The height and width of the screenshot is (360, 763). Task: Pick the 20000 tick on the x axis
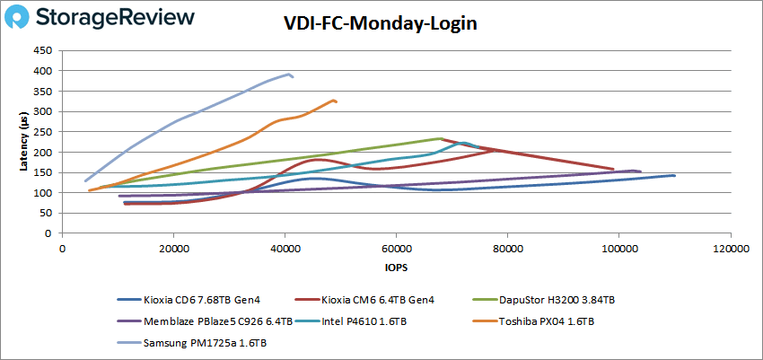(173, 247)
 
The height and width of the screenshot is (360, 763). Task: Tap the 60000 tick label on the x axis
(396, 247)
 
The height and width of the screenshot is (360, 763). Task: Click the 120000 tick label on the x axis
(729, 247)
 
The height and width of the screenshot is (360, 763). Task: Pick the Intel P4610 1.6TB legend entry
(359, 320)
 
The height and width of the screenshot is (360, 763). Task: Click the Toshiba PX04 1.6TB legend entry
(548, 320)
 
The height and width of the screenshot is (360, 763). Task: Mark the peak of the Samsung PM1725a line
(289, 74)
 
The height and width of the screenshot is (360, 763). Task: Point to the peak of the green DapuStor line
(440, 138)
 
